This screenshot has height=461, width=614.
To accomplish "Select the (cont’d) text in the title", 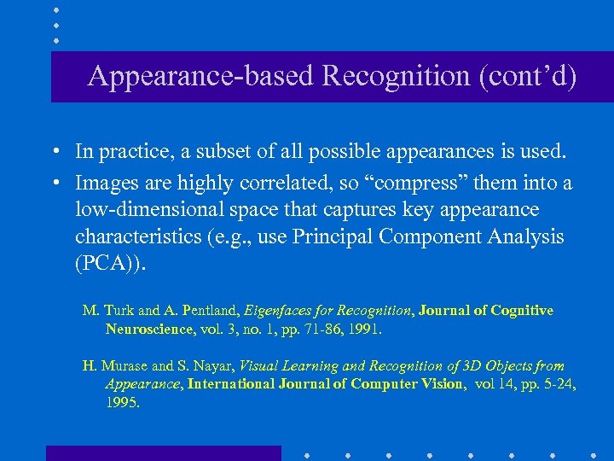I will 528,77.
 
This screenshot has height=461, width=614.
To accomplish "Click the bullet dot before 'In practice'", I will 54,153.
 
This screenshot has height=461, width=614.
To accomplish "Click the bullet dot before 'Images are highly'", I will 54,184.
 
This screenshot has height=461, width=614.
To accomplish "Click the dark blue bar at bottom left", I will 163,452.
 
